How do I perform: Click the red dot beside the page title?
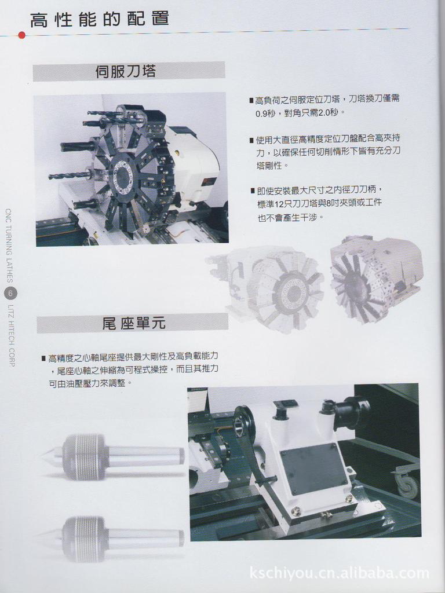pyautogui.click(x=21, y=35)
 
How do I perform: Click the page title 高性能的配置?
pyautogui.click(x=99, y=19)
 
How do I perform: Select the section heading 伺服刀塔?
pyautogui.click(x=126, y=71)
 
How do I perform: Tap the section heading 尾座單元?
pyautogui.click(x=133, y=323)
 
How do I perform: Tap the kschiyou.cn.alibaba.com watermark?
pyautogui.click(x=340, y=573)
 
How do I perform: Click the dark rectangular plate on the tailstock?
pyautogui.click(x=313, y=468)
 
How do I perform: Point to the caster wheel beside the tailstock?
pyautogui.click(x=407, y=485)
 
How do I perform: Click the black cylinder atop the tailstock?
pyautogui.click(x=347, y=412)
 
